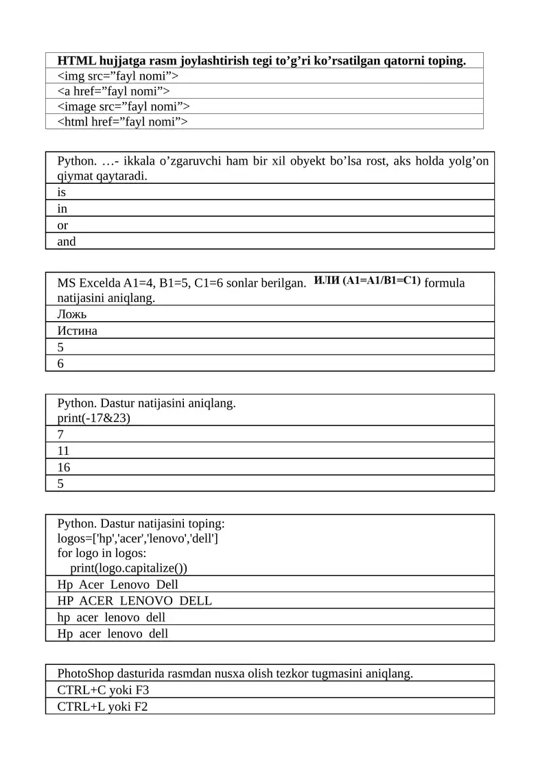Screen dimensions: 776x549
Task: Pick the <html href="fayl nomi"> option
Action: tap(122, 122)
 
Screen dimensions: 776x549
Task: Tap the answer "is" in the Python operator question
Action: tap(62, 193)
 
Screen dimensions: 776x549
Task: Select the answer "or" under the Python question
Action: tap(62, 225)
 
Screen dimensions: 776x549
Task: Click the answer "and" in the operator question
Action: tap(67, 242)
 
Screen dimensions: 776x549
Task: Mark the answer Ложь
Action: tap(72, 314)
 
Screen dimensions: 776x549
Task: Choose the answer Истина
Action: tap(78, 331)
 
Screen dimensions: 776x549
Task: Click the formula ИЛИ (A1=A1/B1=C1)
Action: tap(367, 281)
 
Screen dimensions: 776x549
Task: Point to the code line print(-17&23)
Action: tap(94, 417)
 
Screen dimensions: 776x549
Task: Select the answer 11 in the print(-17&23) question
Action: tap(63, 451)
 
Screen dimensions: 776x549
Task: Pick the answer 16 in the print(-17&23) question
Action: tap(64, 467)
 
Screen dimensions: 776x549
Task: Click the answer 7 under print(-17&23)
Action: tap(60, 434)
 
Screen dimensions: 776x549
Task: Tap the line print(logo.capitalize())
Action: tap(128, 567)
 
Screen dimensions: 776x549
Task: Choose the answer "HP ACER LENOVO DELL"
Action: tap(135, 601)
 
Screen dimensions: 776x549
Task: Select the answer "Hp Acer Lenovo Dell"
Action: tap(118, 585)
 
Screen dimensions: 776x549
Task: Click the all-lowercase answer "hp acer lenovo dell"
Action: tap(112, 618)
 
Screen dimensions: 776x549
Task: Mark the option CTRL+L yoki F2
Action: tap(102, 707)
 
